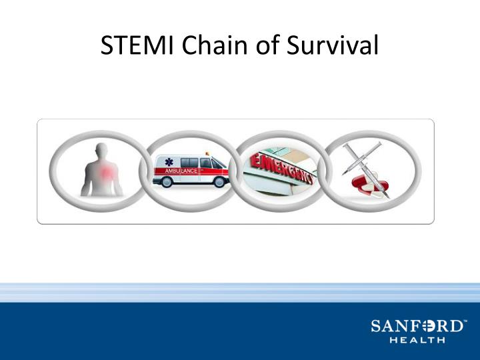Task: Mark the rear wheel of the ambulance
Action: [x=167, y=183]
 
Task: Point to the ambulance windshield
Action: [x=217, y=162]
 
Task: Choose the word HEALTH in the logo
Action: [x=417, y=340]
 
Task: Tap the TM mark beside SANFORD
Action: [x=465, y=321]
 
